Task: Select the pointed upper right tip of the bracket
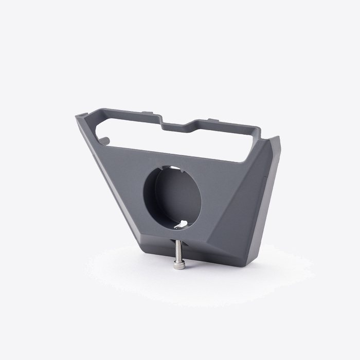pyautogui.click(x=278, y=137)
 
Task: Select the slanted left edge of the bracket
pyautogui.click(x=108, y=175)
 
